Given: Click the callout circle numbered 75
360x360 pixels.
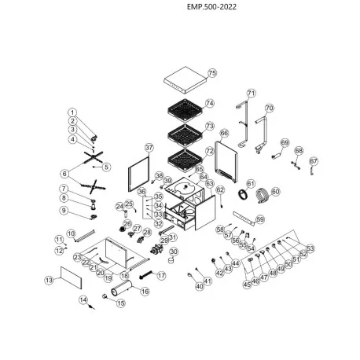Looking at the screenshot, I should pyautogui.click(x=211, y=72).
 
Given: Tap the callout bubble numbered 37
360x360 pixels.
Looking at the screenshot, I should pyautogui.click(x=149, y=148).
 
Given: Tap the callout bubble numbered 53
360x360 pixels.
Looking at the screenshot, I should pyautogui.click(x=310, y=248).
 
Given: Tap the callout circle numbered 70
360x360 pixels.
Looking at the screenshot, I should pyautogui.click(x=269, y=108).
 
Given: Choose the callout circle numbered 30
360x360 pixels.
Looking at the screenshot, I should pyautogui.click(x=174, y=252).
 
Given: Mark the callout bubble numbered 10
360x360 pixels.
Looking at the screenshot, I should pyautogui.click(x=71, y=233).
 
